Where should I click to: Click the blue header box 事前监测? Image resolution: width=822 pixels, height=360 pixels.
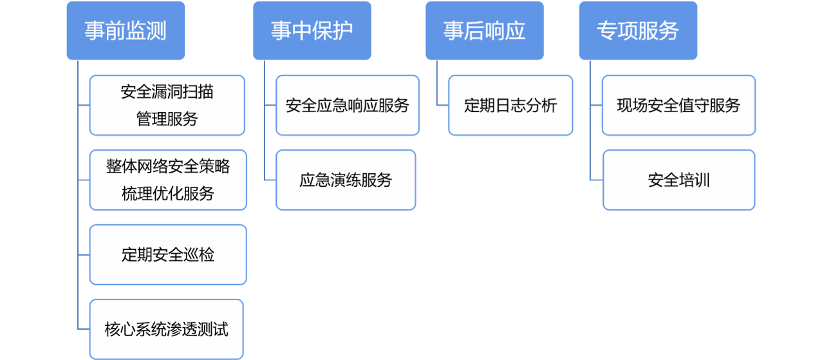(x=126, y=31)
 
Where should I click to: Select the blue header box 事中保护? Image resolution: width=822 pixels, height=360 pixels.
(x=312, y=31)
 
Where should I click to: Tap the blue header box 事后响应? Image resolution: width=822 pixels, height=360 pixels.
(x=484, y=31)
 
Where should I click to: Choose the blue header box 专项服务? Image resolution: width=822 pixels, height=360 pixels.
(x=637, y=31)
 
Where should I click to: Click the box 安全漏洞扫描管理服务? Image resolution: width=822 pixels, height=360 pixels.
(x=167, y=105)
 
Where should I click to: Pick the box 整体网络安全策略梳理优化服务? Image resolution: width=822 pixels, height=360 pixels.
(x=167, y=180)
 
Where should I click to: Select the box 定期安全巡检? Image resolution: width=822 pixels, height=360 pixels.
(x=167, y=254)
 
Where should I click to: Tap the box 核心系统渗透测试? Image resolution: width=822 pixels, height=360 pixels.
(x=167, y=329)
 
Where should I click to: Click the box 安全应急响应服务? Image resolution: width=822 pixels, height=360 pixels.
(x=347, y=105)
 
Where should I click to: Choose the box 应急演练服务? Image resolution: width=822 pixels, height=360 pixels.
(x=346, y=180)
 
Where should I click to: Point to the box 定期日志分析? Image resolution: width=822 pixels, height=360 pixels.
(x=510, y=105)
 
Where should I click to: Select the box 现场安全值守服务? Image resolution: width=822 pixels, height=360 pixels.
(x=678, y=105)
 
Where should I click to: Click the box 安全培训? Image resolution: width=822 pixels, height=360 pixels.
(x=678, y=180)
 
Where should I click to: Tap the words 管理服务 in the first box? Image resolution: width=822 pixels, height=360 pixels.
(x=167, y=119)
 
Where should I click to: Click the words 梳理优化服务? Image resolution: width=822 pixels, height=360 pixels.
(x=167, y=194)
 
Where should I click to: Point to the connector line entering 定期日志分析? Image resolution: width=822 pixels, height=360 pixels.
(x=442, y=105)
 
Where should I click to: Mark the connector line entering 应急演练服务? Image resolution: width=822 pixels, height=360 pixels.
(x=270, y=180)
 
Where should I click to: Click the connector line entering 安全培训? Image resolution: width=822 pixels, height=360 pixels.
(x=596, y=180)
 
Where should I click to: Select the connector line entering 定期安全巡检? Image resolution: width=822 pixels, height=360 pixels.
(x=84, y=254)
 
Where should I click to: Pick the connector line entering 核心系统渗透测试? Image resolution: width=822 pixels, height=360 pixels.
(x=84, y=329)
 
